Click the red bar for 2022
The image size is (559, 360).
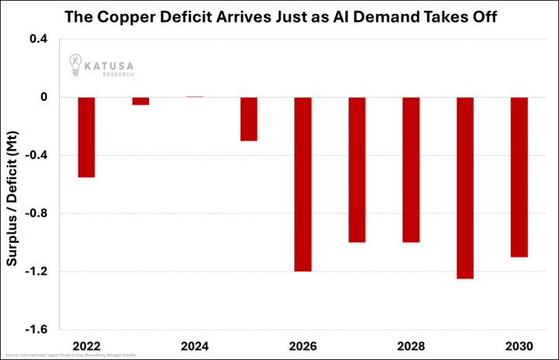pyautogui.click(x=86, y=137)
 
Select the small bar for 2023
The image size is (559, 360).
pyautogui.click(x=141, y=101)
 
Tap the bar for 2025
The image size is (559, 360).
pyautogui.click(x=248, y=119)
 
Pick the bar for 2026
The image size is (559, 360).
pyautogui.click(x=303, y=184)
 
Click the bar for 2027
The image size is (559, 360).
pyautogui.click(x=357, y=169)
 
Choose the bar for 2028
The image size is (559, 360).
pyautogui.click(x=411, y=169)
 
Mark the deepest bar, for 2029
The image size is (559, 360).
pyautogui.click(x=465, y=188)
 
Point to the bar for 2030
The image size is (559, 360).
pyautogui.click(x=519, y=177)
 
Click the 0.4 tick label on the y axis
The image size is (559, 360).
pyautogui.click(x=38, y=39)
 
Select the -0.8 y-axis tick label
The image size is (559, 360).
pyautogui.click(x=36, y=213)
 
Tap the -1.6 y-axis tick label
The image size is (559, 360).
pyautogui.click(x=36, y=330)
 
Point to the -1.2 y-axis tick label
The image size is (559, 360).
pyautogui.click(x=36, y=272)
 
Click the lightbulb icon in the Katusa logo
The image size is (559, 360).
pyautogui.click(x=75, y=64)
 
